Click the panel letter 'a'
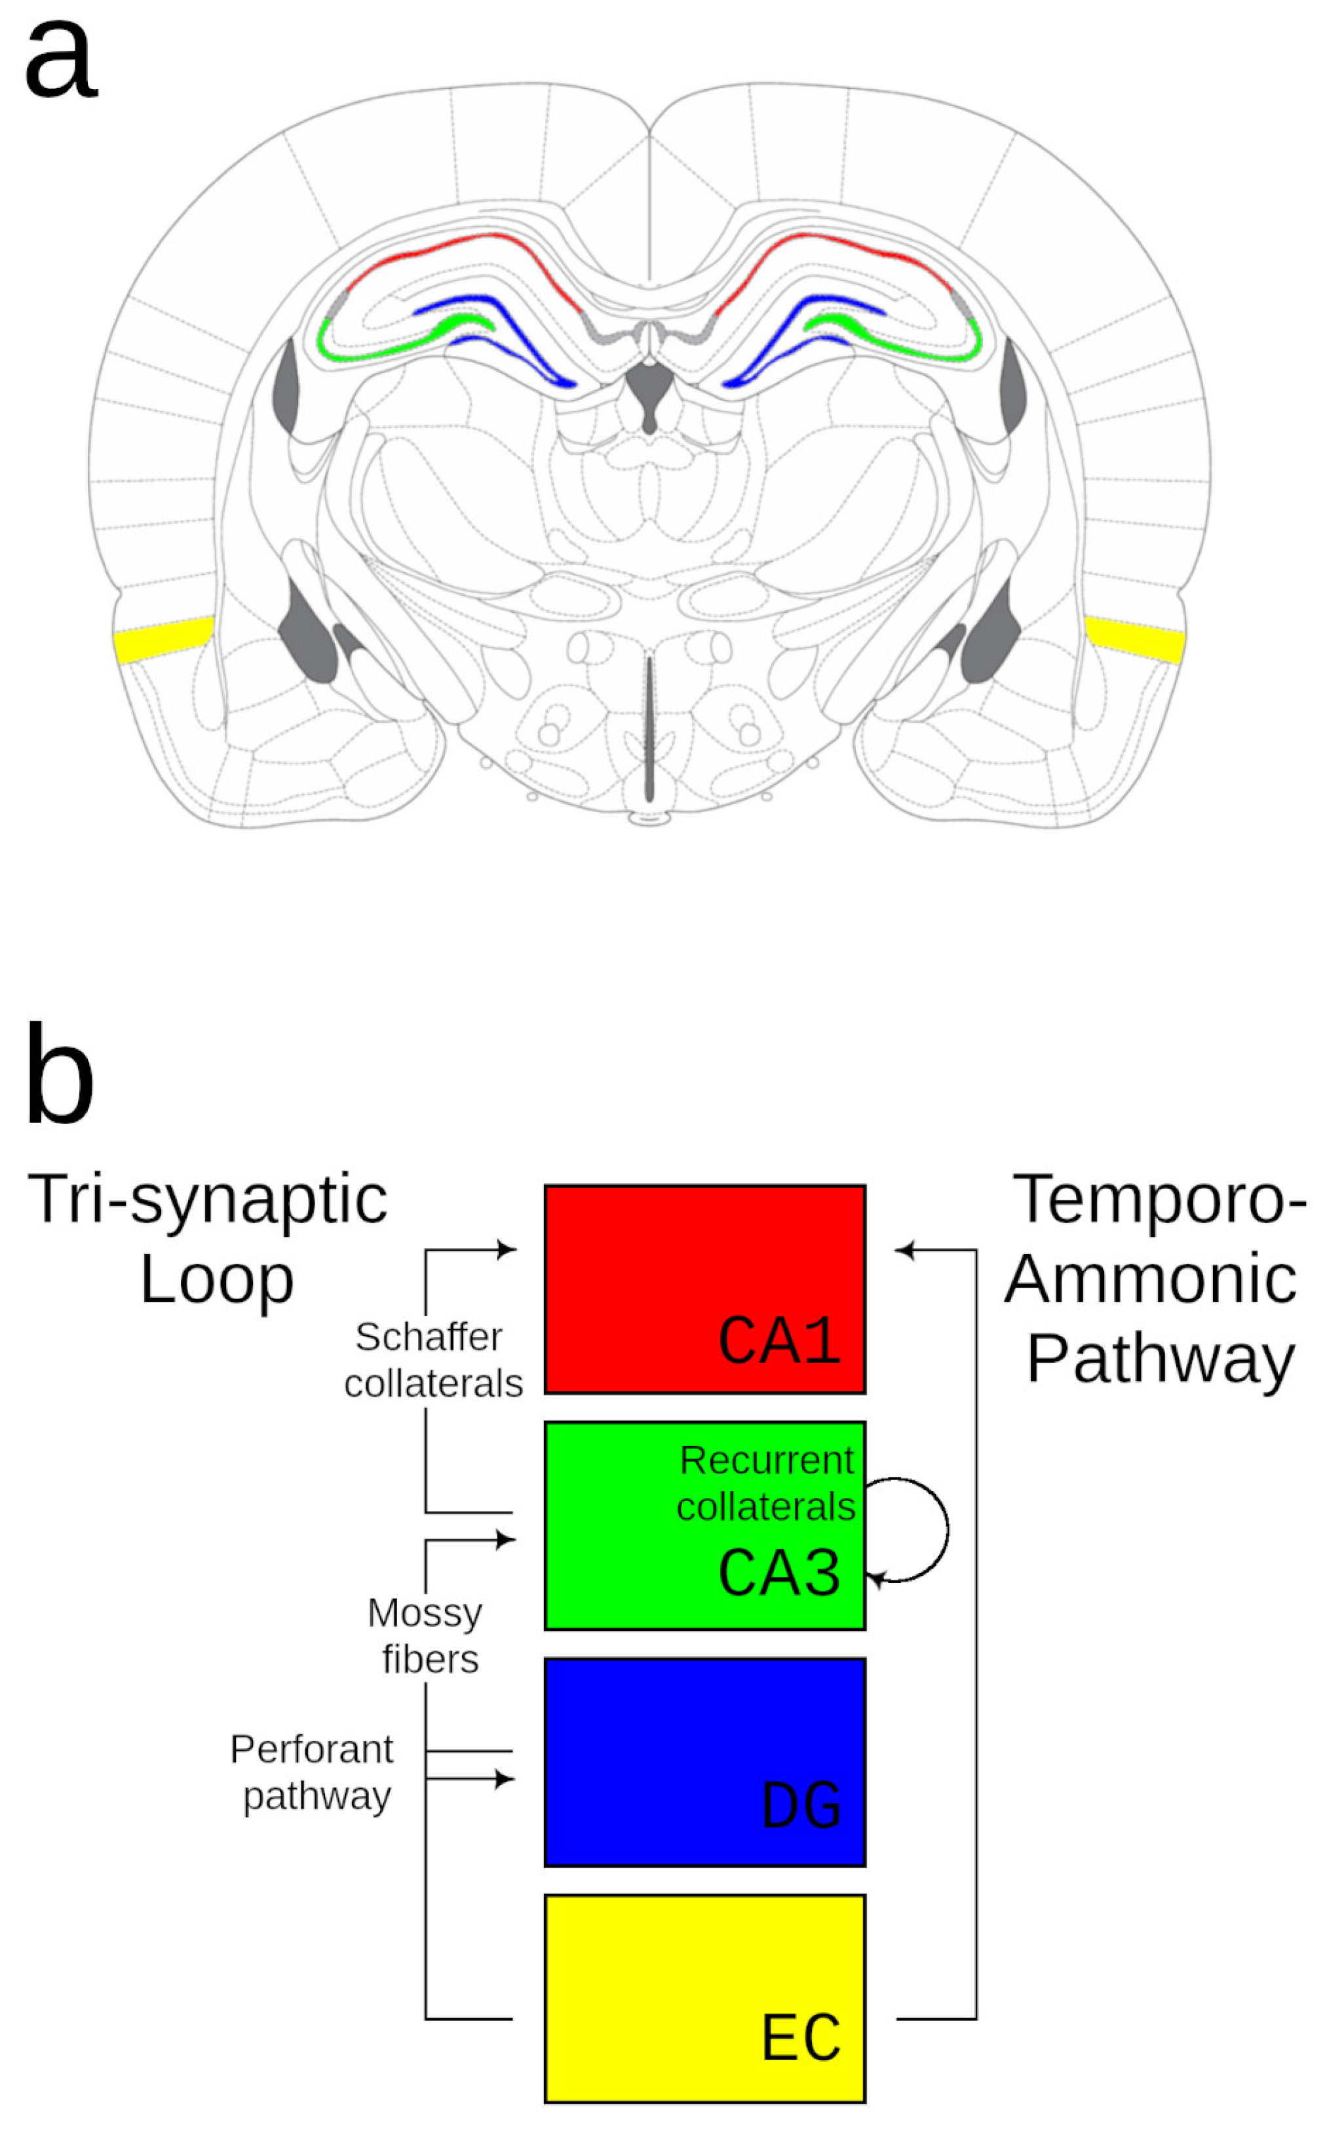pos(60,59)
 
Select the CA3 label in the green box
pos(779,1572)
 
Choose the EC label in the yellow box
pos(801,2039)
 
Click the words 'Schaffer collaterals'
pos(433,1360)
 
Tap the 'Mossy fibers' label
pos(427,1635)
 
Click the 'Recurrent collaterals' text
pos(766,1484)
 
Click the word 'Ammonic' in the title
pos(1151,1279)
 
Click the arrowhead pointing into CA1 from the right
pos(904,1250)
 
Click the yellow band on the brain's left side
pos(164,639)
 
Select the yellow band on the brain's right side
pos(1135,639)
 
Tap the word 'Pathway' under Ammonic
pos(1161,1360)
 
